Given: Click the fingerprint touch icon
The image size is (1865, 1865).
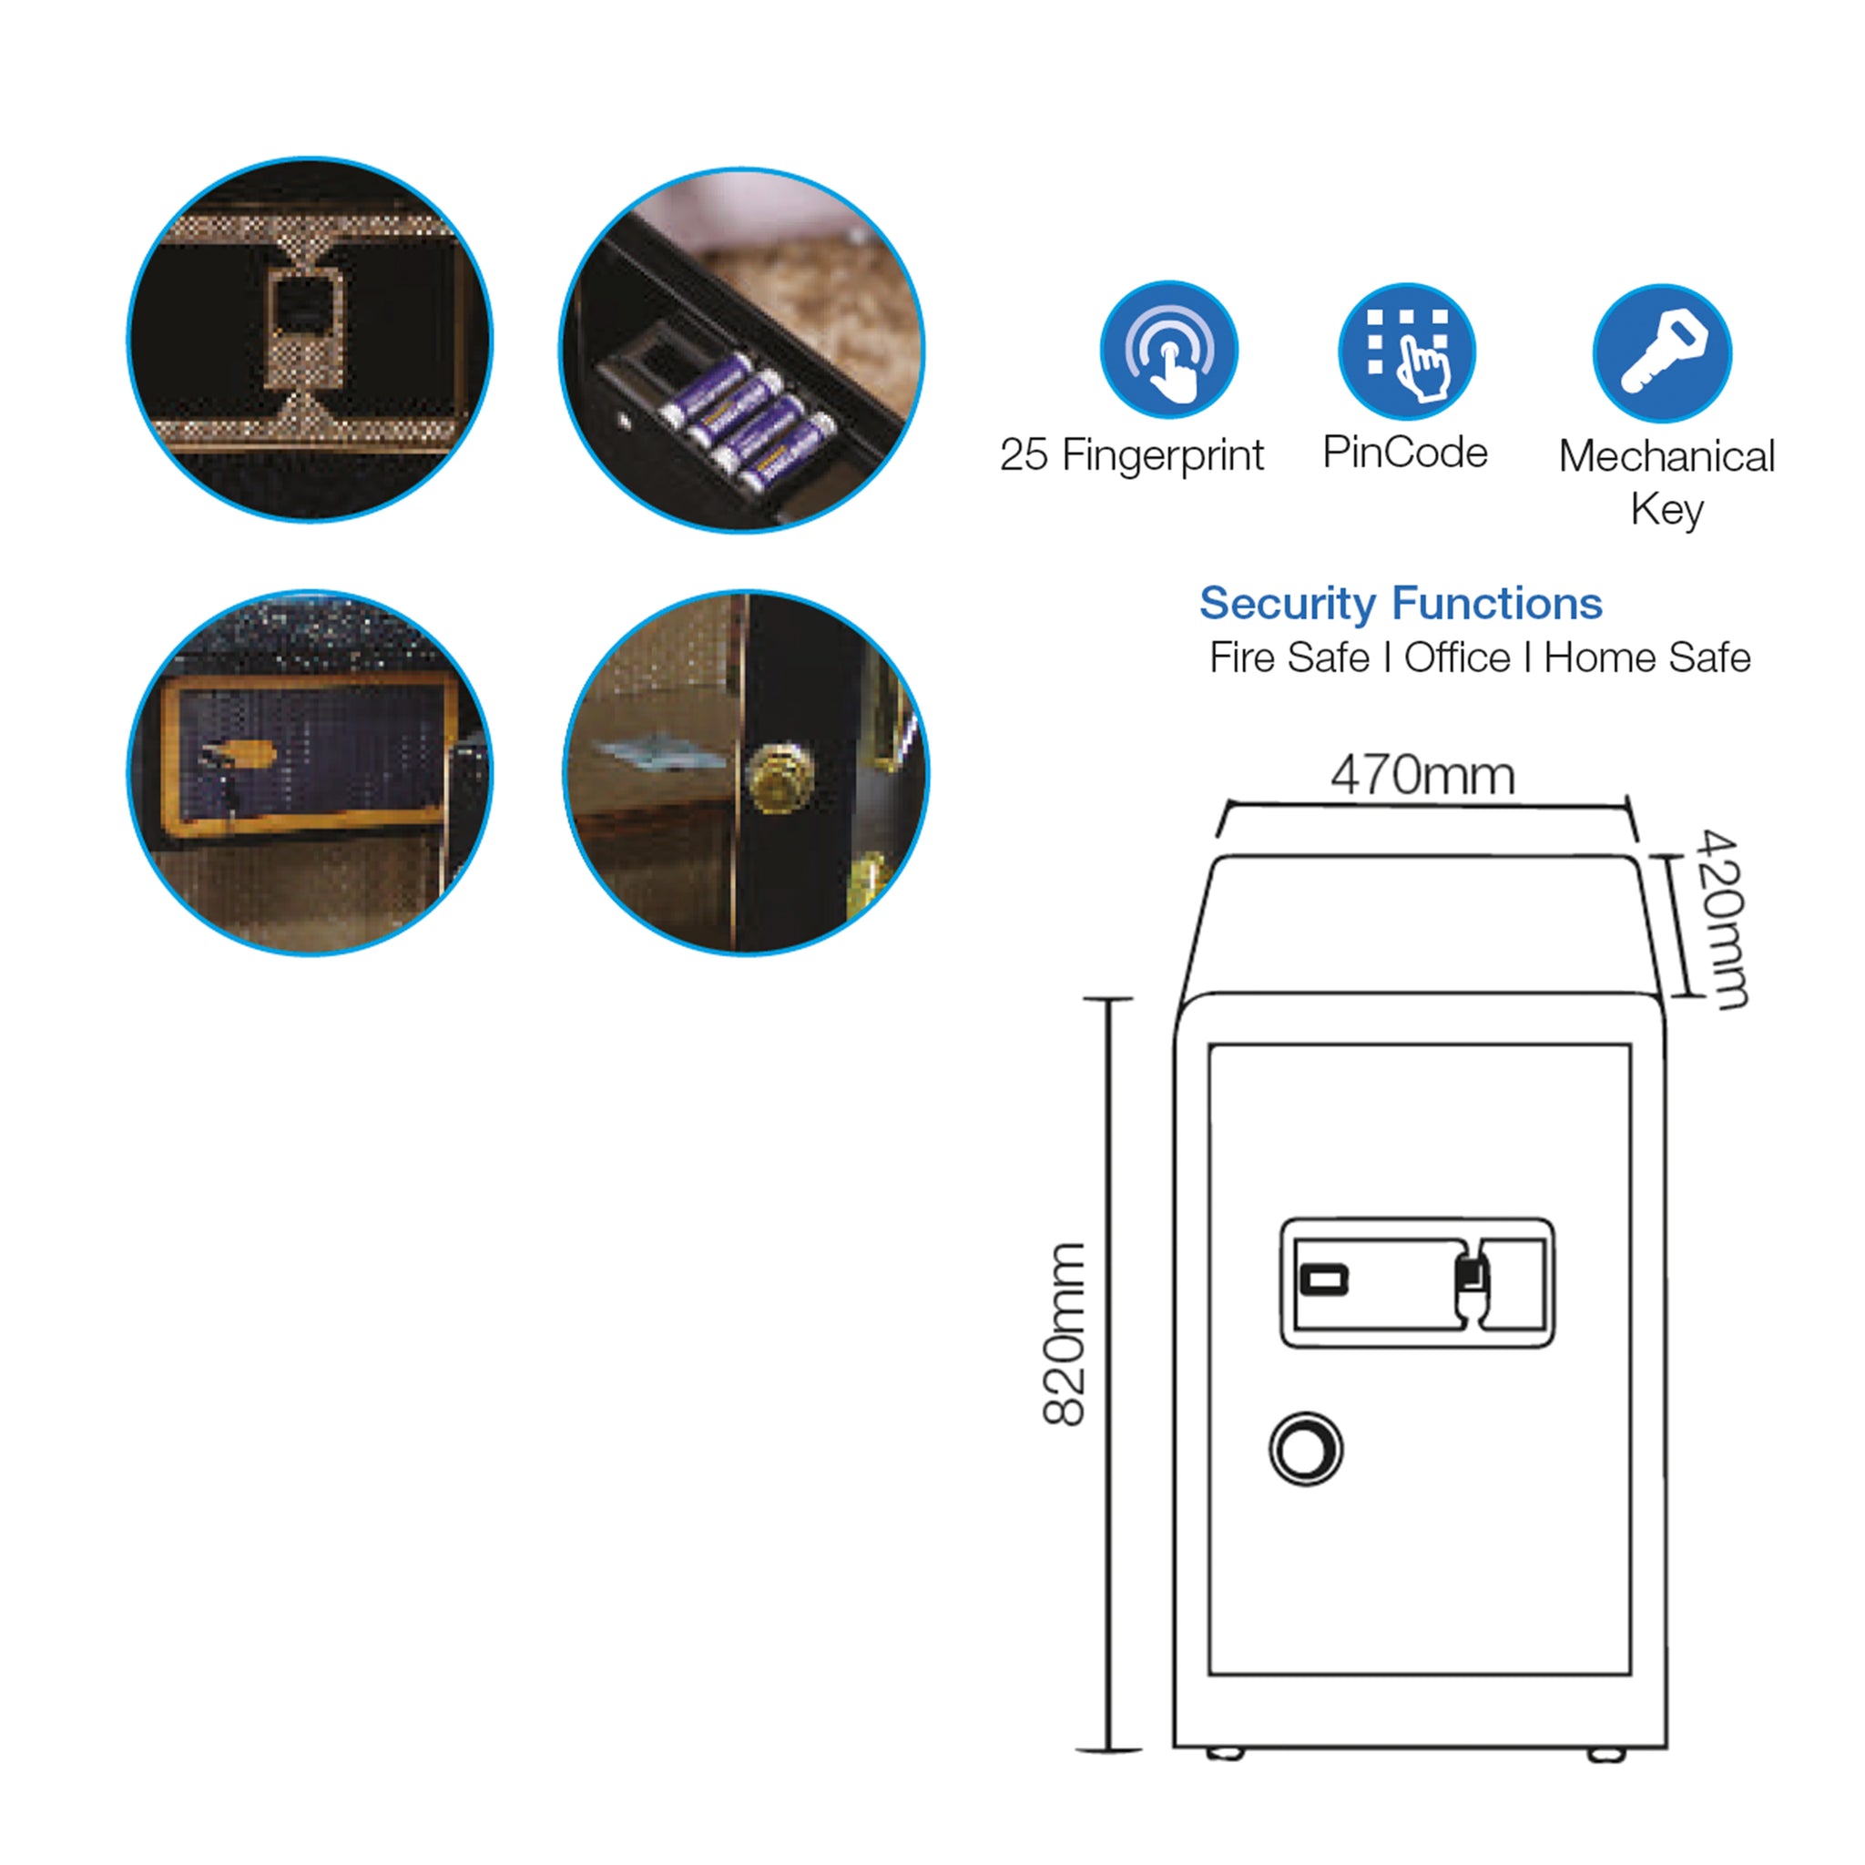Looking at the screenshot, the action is click(1168, 350).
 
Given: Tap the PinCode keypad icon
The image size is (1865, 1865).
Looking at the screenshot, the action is click(1406, 352).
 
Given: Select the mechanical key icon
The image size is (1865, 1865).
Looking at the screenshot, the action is click(1662, 353).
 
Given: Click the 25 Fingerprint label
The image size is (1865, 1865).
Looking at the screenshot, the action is click(1131, 455).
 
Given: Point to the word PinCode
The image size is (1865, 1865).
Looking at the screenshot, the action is click(1405, 452).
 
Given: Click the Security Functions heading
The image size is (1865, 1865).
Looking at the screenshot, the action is click(1401, 605).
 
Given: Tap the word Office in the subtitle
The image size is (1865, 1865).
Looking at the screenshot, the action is click(1457, 657).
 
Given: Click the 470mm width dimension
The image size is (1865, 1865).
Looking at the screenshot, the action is click(1423, 775).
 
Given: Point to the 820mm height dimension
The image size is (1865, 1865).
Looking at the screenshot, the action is click(1065, 1334).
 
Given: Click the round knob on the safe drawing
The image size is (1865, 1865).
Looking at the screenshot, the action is click(1306, 1449).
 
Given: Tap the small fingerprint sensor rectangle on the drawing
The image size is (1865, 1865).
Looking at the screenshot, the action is click(1324, 1280).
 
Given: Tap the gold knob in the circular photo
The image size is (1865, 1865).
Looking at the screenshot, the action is click(782, 775).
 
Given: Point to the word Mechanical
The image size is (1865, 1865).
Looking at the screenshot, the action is click(1667, 456).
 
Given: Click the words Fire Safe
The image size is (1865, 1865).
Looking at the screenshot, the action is click(1289, 657).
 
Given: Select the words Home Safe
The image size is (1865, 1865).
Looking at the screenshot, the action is click(1646, 657).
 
